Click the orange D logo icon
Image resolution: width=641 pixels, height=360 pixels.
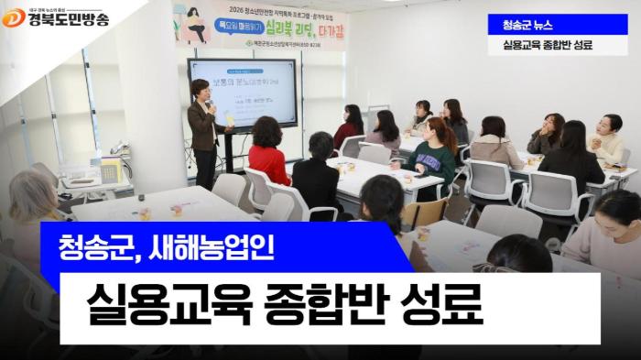[14, 16]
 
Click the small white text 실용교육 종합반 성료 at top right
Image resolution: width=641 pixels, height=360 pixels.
[547, 45]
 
